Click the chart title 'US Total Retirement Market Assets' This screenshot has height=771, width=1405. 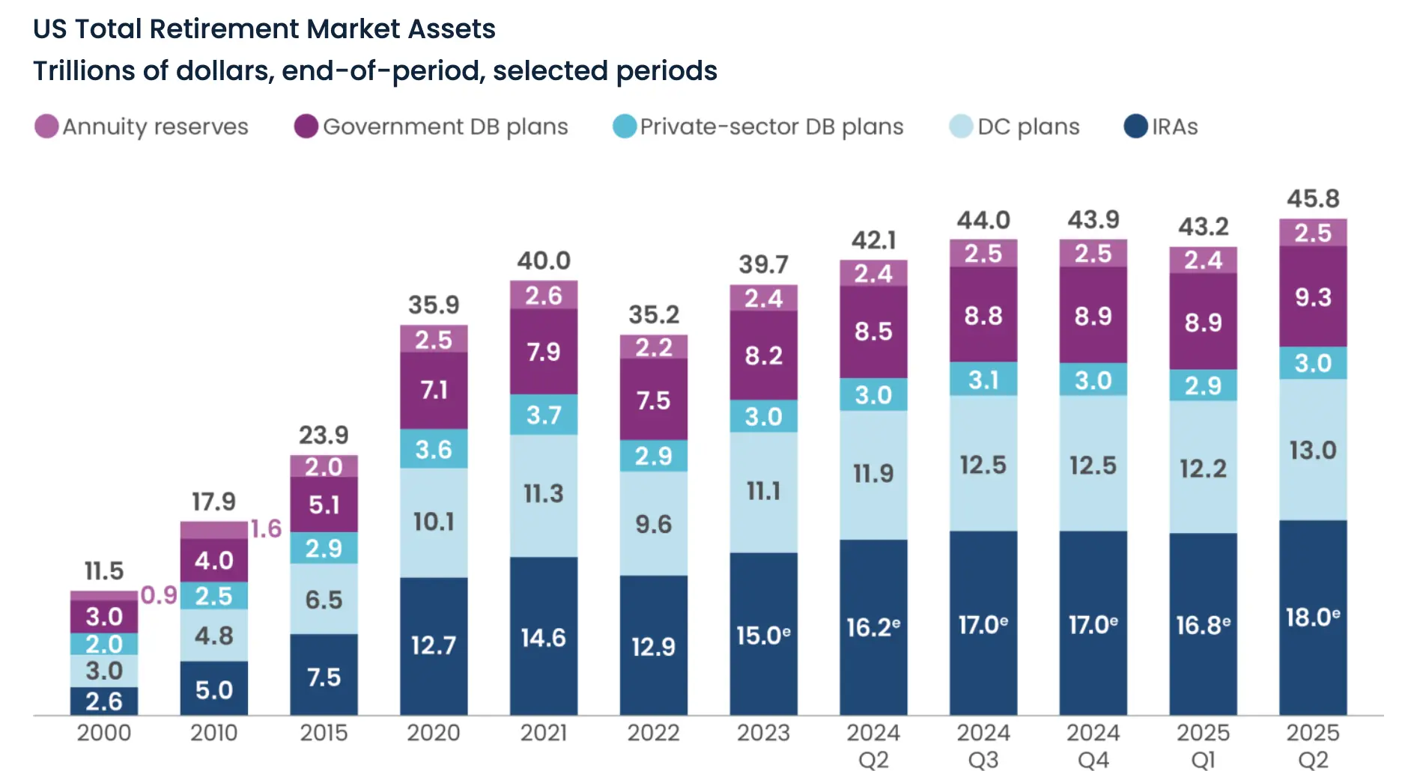(264, 29)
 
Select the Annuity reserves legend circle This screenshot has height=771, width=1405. (46, 127)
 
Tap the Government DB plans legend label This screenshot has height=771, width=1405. (445, 127)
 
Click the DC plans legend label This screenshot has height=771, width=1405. (1028, 127)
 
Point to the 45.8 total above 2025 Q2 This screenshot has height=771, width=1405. (1312, 198)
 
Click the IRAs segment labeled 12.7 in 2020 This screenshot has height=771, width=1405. (434, 644)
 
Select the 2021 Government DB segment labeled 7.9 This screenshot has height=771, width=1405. (544, 352)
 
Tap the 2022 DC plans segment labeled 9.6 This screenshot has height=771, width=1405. (653, 524)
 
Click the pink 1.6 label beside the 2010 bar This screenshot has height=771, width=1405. (266, 528)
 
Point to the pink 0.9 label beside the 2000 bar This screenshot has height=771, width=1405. (159, 595)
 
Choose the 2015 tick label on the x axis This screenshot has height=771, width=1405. (324, 732)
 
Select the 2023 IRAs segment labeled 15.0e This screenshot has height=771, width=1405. (763, 635)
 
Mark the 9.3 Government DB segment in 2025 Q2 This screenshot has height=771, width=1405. (1312, 297)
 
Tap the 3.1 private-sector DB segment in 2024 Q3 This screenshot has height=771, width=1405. (983, 380)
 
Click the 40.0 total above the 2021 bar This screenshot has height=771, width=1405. (544, 260)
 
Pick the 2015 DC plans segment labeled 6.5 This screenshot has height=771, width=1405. (324, 600)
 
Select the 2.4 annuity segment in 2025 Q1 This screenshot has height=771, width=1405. (1203, 260)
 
